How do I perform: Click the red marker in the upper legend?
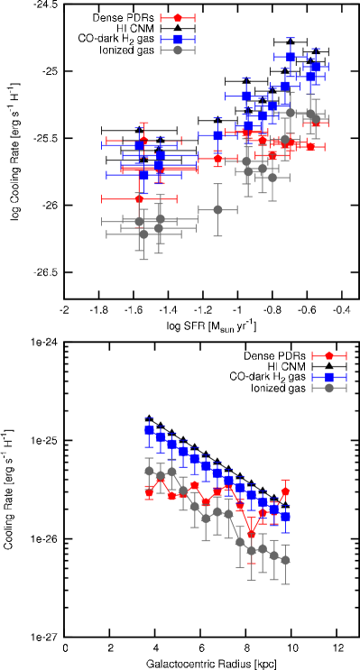pyautogui.click(x=178, y=18)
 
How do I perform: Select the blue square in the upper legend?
pyautogui.click(x=178, y=39)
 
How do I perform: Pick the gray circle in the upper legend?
pyautogui.click(x=178, y=50)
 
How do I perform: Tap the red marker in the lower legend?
pyautogui.click(x=329, y=356)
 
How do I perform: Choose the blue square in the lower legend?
pyautogui.click(x=329, y=377)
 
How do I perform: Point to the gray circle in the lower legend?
pyautogui.click(x=329, y=388)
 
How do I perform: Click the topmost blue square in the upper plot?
pyautogui.click(x=291, y=57)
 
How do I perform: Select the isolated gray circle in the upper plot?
pyautogui.click(x=217, y=209)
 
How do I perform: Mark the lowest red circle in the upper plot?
pyautogui.click(x=139, y=198)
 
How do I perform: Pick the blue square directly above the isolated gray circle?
pyautogui.click(x=217, y=135)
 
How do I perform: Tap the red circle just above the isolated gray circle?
pyautogui.click(x=217, y=159)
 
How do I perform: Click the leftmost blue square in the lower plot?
pyautogui.click(x=149, y=430)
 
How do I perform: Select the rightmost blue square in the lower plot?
pyautogui.click(x=285, y=517)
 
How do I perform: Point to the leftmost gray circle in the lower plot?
pyautogui.click(x=149, y=471)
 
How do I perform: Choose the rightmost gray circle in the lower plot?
pyautogui.click(x=285, y=560)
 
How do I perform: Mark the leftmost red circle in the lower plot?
pyautogui.click(x=149, y=493)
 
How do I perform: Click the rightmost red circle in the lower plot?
pyautogui.click(x=285, y=491)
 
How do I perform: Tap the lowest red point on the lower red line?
pyautogui.click(x=252, y=534)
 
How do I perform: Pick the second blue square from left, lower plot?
pyautogui.click(x=161, y=436)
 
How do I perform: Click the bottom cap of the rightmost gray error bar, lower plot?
pyautogui.click(x=285, y=584)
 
